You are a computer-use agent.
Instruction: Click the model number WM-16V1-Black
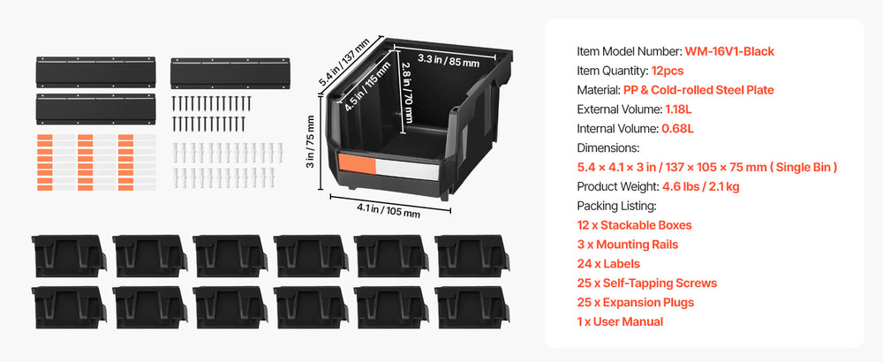(x=729, y=51)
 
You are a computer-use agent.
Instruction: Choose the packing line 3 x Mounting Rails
(x=627, y=245)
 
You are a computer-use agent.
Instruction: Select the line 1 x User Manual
(x=620, y=321)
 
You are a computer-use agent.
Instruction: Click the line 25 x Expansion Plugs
(x=635, y=302)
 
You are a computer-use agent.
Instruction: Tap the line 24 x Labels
(x=608, y=263)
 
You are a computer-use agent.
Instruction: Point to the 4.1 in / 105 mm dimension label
(x=388, y=210)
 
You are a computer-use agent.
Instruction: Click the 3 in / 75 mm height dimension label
(x=311, y=150)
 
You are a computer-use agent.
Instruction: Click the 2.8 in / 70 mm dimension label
(x=408, y=92)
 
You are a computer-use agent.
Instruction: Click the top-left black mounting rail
(x=95, y=72)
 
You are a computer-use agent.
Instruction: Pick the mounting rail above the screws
(x=230, y=73)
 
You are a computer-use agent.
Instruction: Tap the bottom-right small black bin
(x=472, y=307)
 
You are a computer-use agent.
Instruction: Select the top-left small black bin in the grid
(x=69, y=256)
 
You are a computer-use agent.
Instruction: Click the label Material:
(x=600, y=90)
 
